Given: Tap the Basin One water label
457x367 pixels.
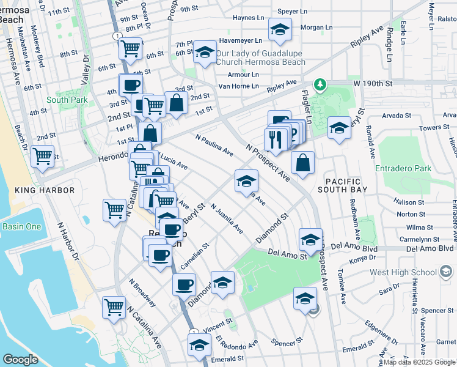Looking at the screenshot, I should pos(21,226).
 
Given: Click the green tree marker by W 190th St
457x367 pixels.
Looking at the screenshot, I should pos(318,84).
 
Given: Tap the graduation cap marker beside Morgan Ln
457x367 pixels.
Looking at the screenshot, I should pos(280,29).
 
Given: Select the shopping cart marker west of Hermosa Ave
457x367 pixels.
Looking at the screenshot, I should pos(42,156).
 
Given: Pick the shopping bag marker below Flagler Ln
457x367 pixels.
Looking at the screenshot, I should pos(302,163).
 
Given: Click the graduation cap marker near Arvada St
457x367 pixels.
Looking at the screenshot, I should pos(339,128).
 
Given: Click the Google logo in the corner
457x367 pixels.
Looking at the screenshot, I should pos(21,359).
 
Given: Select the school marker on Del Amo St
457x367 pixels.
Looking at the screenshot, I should pos(310,240).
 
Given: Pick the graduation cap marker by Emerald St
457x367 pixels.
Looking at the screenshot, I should pos(199,347).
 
